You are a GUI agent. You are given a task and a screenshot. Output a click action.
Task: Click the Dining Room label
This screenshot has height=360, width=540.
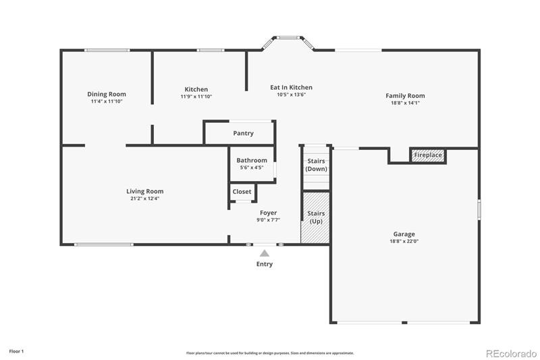[107, 94]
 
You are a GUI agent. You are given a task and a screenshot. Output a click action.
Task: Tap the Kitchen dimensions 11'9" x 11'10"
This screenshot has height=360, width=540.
[196, 97]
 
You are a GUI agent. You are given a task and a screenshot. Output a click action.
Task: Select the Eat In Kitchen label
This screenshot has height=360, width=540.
[291, 88]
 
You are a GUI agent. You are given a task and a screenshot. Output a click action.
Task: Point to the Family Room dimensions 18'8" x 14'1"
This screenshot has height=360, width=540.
[405, 103]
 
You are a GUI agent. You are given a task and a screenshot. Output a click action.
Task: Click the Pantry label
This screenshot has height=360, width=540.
[243, 133]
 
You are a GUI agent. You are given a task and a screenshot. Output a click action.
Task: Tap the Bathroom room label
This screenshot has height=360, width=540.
[252, 160]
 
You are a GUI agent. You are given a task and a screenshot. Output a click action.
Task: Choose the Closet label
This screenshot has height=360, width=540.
[242, 192]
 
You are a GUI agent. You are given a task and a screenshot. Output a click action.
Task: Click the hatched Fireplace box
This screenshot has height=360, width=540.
[428, 155]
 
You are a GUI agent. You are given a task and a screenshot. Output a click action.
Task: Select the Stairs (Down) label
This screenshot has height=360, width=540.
[316, 165]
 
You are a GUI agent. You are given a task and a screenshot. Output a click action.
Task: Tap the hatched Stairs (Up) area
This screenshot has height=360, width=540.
[315, 217]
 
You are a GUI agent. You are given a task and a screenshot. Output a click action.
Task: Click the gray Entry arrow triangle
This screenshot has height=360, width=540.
[264, 253]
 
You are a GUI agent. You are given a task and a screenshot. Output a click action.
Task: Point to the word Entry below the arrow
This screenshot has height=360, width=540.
[264, 264]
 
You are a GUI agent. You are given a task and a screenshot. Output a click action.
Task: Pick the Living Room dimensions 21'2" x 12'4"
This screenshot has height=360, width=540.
[144, 199]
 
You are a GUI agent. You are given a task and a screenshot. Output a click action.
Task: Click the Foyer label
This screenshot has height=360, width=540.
[268, 213]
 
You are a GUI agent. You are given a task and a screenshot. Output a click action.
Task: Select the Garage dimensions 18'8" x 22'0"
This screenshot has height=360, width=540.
[404, 242]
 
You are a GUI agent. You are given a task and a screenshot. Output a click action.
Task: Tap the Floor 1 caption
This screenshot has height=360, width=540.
[16, 351]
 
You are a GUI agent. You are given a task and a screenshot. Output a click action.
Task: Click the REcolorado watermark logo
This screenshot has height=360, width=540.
[511, 353]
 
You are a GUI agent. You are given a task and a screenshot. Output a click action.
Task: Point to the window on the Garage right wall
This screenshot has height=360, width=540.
[479, 209]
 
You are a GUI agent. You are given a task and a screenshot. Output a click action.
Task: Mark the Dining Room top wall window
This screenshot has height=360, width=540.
[107, 50]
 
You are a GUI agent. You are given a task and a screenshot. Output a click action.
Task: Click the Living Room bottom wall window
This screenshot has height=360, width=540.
[104, 245]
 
